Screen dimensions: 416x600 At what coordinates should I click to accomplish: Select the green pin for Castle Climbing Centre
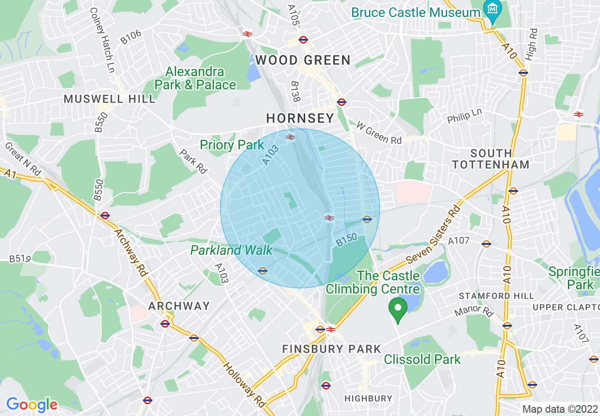398,310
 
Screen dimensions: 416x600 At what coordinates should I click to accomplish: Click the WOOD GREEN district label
303,60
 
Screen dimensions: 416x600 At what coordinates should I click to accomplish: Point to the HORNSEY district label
300,118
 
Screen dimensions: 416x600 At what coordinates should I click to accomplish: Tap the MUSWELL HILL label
109,99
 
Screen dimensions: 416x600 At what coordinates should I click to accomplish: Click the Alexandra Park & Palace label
195,78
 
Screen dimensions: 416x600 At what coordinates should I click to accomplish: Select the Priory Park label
232,145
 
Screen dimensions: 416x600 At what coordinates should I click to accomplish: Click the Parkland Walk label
231,250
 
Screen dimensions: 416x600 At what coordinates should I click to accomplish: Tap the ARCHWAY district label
179,306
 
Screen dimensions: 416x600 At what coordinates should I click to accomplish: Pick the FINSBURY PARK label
332,349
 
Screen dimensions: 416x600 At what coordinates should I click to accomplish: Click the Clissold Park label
422,360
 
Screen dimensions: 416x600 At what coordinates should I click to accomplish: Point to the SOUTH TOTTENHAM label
491,159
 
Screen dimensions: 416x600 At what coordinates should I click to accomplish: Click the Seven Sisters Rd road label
433,235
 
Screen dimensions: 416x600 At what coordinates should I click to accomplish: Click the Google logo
32,405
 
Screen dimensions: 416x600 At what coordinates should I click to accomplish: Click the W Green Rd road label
379,134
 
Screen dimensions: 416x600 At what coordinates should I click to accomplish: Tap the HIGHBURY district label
368,399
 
